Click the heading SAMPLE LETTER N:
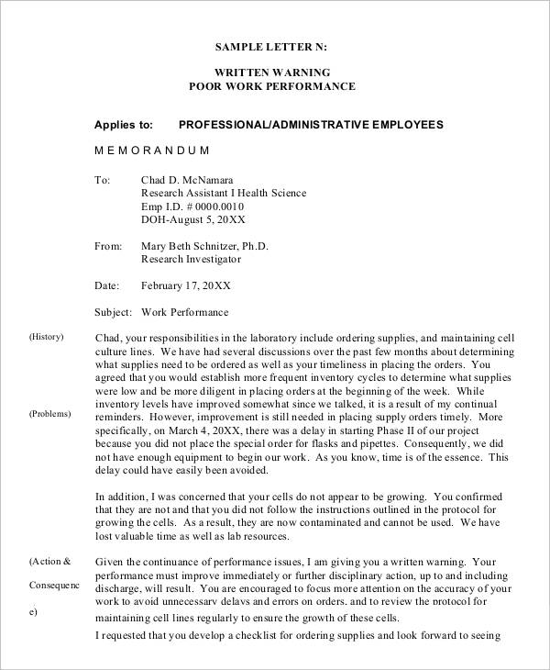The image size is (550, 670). (x=270, y=46)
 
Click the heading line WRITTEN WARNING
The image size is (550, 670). (x=271, y=72)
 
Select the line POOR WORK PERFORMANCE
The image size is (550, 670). (x=271, y=86)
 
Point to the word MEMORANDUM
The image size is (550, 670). (x=152, y=150)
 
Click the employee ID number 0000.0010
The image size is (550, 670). (x=224, y=207)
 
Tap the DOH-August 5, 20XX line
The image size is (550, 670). (x=192, y=220)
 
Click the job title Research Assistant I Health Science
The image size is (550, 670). (x=224, y=194)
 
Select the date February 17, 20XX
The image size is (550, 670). (x=185, y=285)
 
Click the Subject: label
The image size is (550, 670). (x=114, y=312)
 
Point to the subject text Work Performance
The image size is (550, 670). (x=184, y=312)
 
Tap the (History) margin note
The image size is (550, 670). (x=46, y=337)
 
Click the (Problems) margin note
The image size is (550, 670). (x=49, y=414)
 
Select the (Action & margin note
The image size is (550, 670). (x=49, y=561)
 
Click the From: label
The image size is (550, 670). (x=108, y=246)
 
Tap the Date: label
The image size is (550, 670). (x=107, y=285)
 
